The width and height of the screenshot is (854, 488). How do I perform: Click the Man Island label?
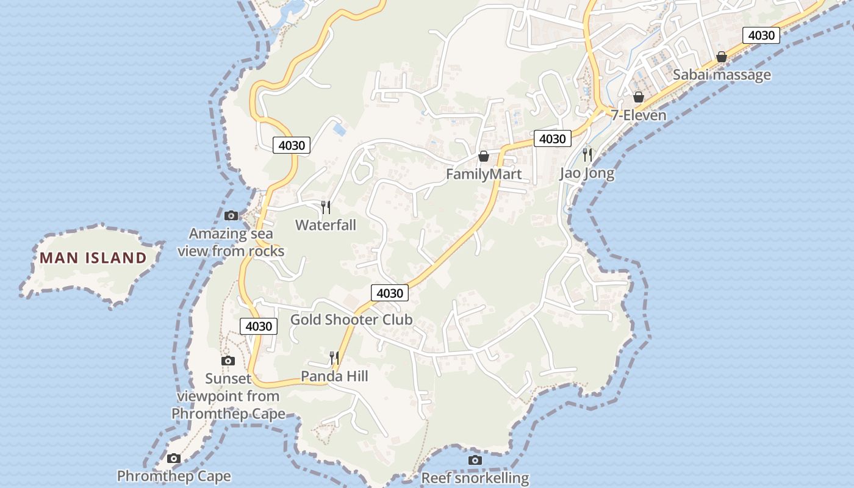93,257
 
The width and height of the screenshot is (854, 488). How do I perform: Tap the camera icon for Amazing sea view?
231,215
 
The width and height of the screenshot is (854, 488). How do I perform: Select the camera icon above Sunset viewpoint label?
228,361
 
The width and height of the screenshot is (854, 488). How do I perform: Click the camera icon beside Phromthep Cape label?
174,458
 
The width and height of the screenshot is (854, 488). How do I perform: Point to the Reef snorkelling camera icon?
475,460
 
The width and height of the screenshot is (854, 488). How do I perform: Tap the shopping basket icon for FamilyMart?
484,157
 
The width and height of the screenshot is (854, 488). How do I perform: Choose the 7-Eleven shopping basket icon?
639,97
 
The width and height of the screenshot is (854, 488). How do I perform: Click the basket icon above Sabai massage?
722,57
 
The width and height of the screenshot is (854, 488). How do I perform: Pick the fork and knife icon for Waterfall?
326,207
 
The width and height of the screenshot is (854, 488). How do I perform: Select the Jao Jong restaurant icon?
587,154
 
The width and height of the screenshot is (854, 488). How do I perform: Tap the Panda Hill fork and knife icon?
334,357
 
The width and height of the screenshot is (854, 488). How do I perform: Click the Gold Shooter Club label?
351,320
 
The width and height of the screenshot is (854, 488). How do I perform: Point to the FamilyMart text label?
484,174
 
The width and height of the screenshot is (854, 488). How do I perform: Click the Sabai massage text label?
722,75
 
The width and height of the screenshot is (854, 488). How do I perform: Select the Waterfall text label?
326,225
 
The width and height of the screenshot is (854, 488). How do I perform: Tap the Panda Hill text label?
334,376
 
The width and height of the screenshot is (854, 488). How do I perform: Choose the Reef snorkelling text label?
475,478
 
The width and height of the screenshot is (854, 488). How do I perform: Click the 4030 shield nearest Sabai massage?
761,35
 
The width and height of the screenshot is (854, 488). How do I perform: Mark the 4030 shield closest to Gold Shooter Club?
390,293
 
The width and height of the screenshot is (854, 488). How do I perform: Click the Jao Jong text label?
587,173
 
